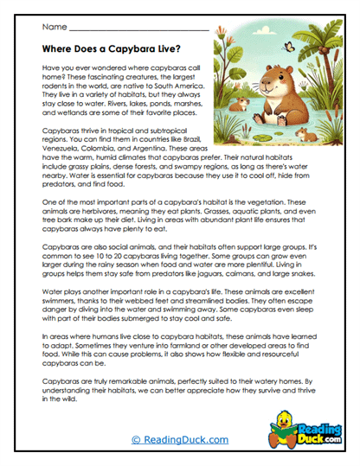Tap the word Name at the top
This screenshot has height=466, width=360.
53,28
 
